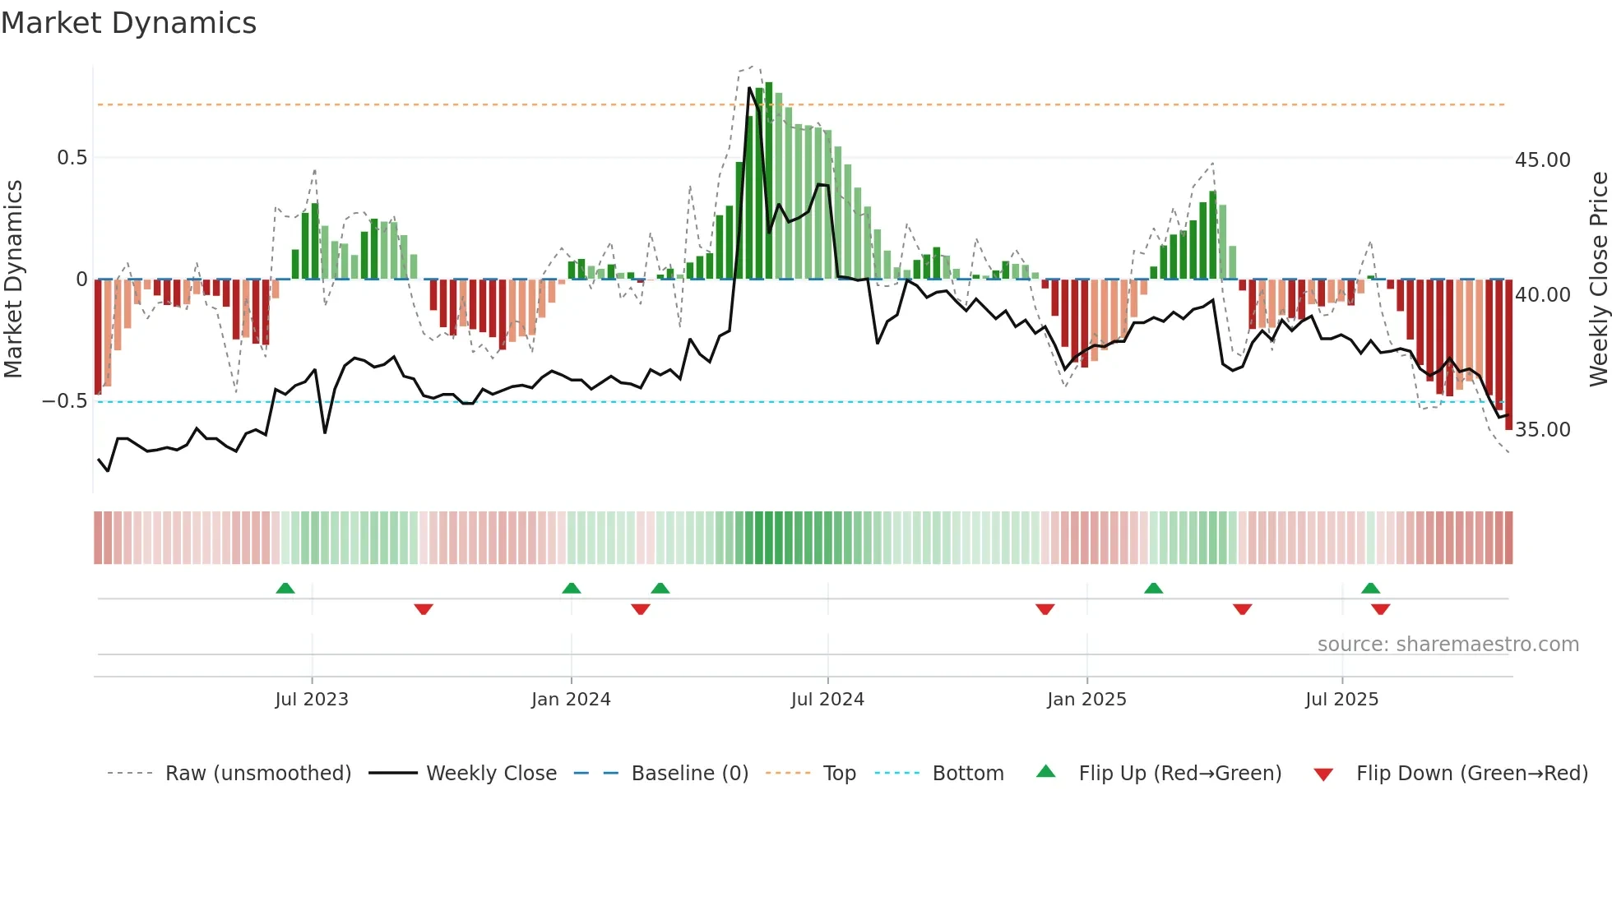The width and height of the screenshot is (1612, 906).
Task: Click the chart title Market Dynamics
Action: tap(128, 23)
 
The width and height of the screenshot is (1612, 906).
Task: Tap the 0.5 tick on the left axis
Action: tap(72, 158)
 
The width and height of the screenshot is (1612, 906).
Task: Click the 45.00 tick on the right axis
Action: tap(1542, 160)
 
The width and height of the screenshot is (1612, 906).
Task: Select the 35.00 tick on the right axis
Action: tap(1542, 430)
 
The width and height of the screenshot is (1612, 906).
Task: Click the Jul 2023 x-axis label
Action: tap(312, 700)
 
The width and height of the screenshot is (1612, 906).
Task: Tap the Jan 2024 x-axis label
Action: tap(571, 700)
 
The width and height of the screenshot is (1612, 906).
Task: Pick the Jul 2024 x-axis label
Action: tap(827, 700)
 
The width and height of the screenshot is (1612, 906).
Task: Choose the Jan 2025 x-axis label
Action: tap(1086, 700)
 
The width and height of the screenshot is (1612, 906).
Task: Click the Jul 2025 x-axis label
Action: tap(1341, 700)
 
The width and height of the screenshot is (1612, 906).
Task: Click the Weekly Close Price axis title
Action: tap(1598, 279)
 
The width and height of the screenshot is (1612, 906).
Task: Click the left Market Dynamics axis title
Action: tap(14, 279)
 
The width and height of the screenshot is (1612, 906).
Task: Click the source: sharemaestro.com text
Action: tap(1448, 645)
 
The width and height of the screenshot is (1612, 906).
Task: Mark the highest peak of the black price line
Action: tap(749, 88)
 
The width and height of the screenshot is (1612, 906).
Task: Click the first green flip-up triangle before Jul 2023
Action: tap(285, 589)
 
